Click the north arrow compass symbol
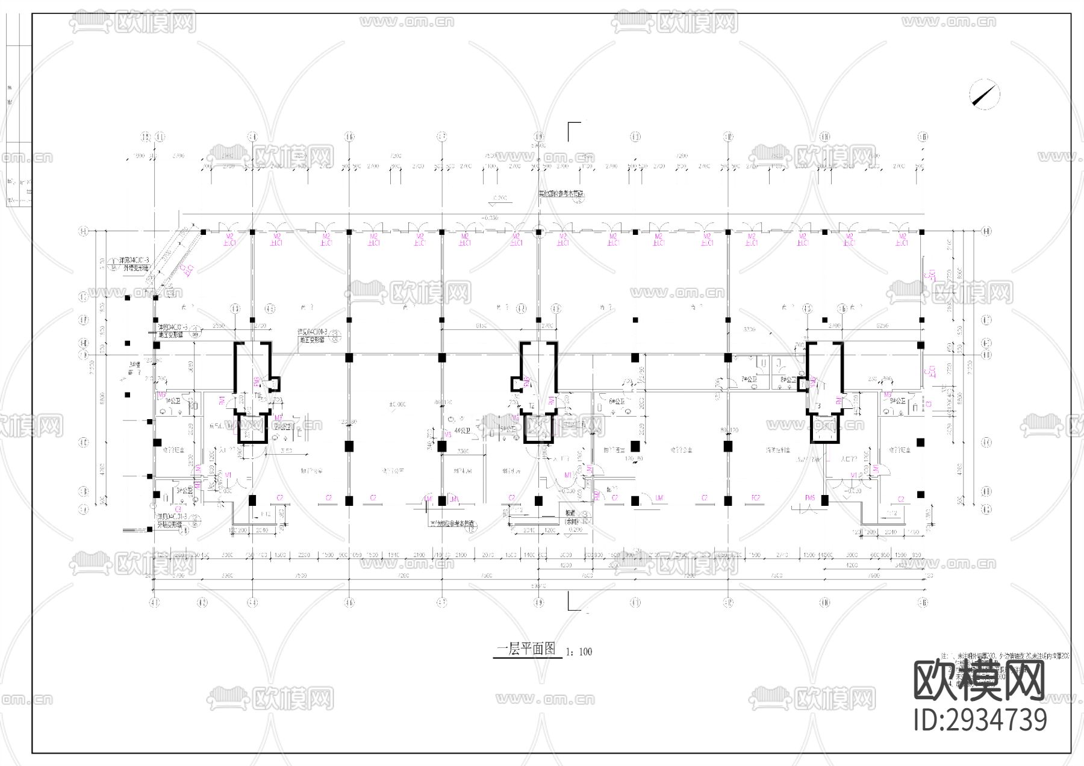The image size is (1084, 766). (985, 95)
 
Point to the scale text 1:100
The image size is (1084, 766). (579, 651)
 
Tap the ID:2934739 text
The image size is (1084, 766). (980, 720)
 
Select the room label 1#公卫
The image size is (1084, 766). (175, 400)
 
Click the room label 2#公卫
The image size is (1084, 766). (282, 427)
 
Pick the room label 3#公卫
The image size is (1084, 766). (184, 491)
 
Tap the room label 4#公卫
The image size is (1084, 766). (463, 431)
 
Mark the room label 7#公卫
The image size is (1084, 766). (749, 380)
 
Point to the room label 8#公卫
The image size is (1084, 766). (788, 380)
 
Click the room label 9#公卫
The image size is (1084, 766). (897, 400)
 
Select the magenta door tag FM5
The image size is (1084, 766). (810, 498)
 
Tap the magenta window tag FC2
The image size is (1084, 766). (756, 498)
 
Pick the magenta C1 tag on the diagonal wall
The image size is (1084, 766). (188, 269)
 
